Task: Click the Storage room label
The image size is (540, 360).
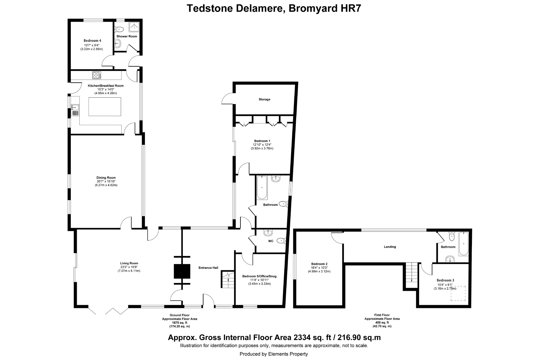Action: coord(264,99)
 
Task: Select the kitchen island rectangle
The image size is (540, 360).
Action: coord(105,107)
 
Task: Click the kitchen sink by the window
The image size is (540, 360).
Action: coord(75,107)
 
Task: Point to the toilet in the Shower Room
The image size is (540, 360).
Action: coord(120,29)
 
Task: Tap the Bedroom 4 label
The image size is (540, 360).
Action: coord(92,41)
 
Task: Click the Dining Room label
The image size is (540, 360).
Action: coord(106,178)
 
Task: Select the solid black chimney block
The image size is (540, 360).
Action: coord(182,272)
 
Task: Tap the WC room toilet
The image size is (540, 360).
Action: coord(281,241)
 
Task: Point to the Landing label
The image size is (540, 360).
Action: coord(390,247)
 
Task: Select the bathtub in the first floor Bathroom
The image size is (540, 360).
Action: coord(463,244)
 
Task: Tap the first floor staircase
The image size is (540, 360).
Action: coord(411,275)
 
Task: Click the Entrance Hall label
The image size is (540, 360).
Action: coord(208,268)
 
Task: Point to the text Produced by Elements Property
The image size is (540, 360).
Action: coord(274,354)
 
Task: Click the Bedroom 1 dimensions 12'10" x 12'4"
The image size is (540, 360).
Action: coord(262,145)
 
